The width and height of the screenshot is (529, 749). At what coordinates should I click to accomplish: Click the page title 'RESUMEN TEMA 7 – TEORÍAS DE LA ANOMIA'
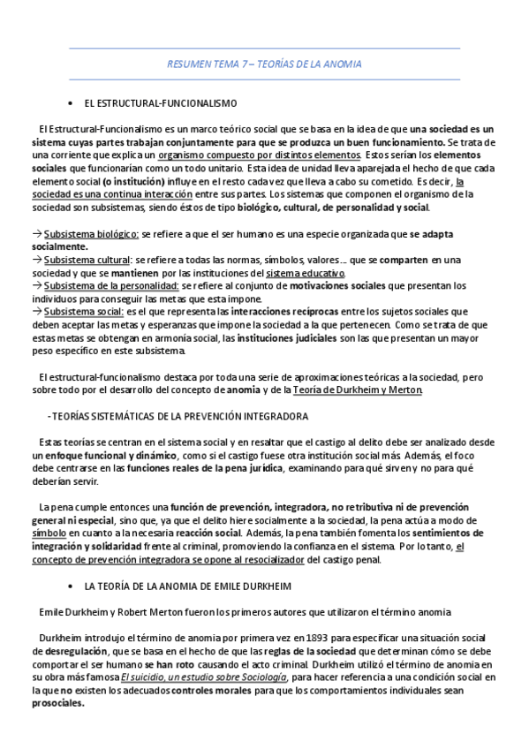tap(264, 65)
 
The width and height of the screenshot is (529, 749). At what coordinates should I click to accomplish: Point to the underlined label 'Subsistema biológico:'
tap(92, 234)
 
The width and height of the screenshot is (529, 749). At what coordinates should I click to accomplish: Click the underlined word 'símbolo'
tap(49, 533)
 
